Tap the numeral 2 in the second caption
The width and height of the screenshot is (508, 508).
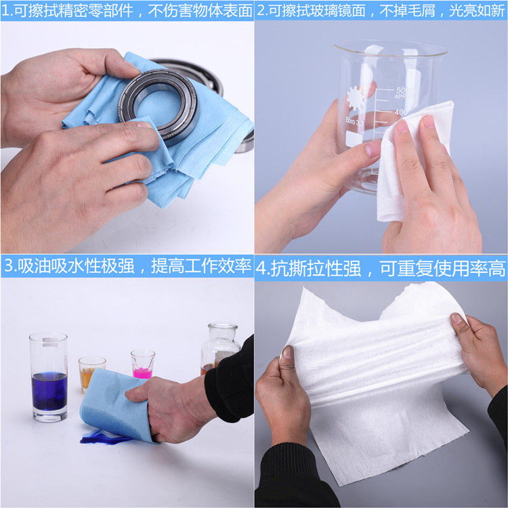coord(261,11)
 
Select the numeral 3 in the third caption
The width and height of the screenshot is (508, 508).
coord(8,266)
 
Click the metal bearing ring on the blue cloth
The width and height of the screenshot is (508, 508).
coord(158,104)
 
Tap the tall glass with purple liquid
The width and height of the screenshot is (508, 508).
coord(49,377)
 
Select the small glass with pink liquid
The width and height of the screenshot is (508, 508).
coord(142,364)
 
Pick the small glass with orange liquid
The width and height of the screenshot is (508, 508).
coord(91,373)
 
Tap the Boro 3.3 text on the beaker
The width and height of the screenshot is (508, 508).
coord(355,121)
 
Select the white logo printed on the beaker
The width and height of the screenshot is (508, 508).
coord(356,98)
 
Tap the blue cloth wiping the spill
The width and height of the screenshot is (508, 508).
coord(113,405)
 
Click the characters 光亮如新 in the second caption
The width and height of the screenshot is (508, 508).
coord(477,11)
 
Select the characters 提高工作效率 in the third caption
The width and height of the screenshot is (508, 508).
coord(201,266)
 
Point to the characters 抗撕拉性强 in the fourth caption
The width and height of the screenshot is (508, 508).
coord(316,269)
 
